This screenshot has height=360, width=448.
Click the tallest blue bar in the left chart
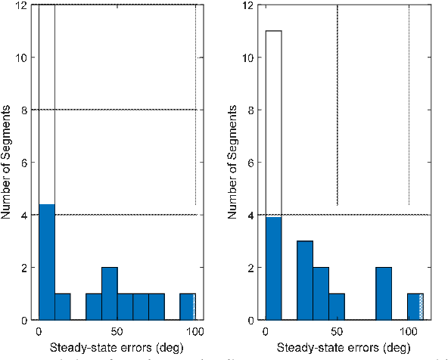(x=46, y=262)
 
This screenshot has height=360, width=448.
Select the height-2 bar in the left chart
(x=109, y=293)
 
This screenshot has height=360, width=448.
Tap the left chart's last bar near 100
(x=187, y=306)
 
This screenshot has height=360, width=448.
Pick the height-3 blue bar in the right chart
(x=304, y=280)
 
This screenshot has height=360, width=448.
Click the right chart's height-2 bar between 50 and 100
(x=384, y=293)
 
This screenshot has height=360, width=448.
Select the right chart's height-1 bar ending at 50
(x=337, y=306)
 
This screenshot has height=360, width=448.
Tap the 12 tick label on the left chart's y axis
(x=26, y=5)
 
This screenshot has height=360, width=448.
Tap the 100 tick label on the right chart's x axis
(x=409, y=332)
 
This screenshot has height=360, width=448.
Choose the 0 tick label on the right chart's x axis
(x=266, y=332)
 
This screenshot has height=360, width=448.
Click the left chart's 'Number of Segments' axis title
(x=9, y=163)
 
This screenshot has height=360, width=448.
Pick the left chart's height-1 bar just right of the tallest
(x=62, y=306)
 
